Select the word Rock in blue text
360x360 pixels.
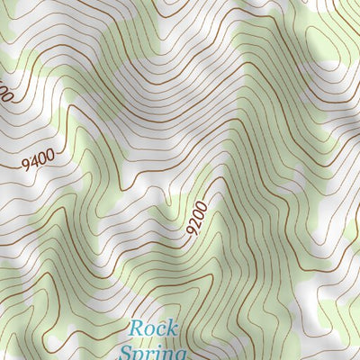coord(153,328)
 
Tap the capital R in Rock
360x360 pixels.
coord(136,328)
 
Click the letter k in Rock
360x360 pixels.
coord(173,328)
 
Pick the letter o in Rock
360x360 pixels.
coord(150,330)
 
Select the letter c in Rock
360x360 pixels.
coord(161,330)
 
